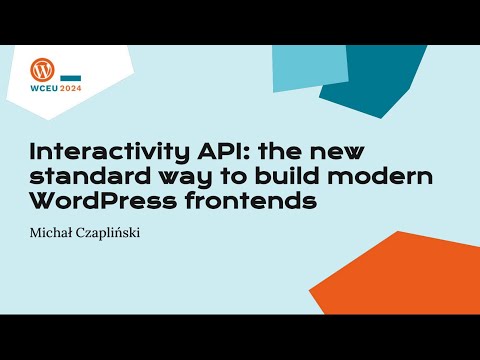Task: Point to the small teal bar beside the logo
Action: click(71, 77)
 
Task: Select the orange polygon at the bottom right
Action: click(420, 270)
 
